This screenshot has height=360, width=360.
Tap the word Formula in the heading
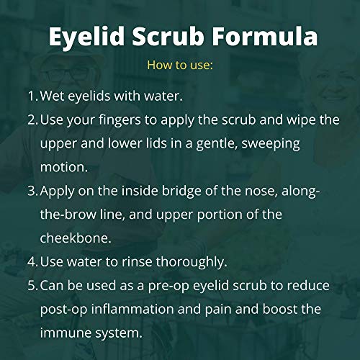click(263, 37)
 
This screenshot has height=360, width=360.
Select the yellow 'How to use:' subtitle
click(180, 65)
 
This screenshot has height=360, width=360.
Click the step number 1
click(32, 96)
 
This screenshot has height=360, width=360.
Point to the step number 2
click(32, 120)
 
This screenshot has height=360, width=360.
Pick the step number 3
click(32, 191)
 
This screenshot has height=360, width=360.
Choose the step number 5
click(32, 286)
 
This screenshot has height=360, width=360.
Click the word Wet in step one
click(53, 96)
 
